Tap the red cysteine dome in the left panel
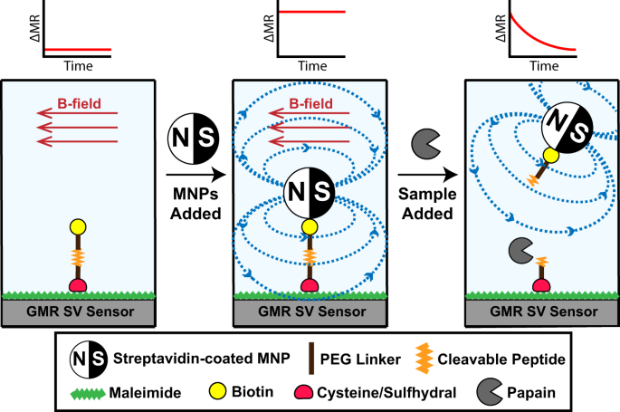point(76,286)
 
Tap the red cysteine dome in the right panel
point(542,286)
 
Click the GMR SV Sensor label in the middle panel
point(310,311)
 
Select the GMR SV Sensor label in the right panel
point(540,311)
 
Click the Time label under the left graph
point(78,65)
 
